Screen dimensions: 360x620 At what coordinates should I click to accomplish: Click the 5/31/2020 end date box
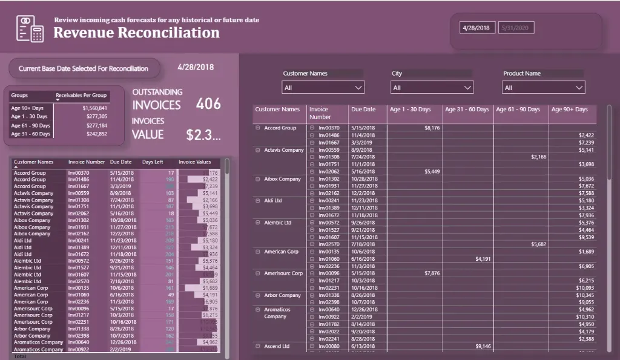516,28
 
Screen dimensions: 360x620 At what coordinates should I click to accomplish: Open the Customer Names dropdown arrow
358,88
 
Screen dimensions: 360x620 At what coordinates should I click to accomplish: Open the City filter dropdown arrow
467,88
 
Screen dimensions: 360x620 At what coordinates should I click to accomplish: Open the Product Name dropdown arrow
579,88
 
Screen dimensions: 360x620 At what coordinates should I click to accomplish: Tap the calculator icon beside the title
30,28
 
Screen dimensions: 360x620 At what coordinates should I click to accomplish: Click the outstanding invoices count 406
209,104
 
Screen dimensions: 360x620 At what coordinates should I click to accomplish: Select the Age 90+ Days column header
569,110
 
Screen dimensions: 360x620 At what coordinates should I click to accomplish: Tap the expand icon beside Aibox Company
258,179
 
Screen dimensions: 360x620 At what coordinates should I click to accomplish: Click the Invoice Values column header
194,162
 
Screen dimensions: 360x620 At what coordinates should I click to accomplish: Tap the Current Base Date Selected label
84,68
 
